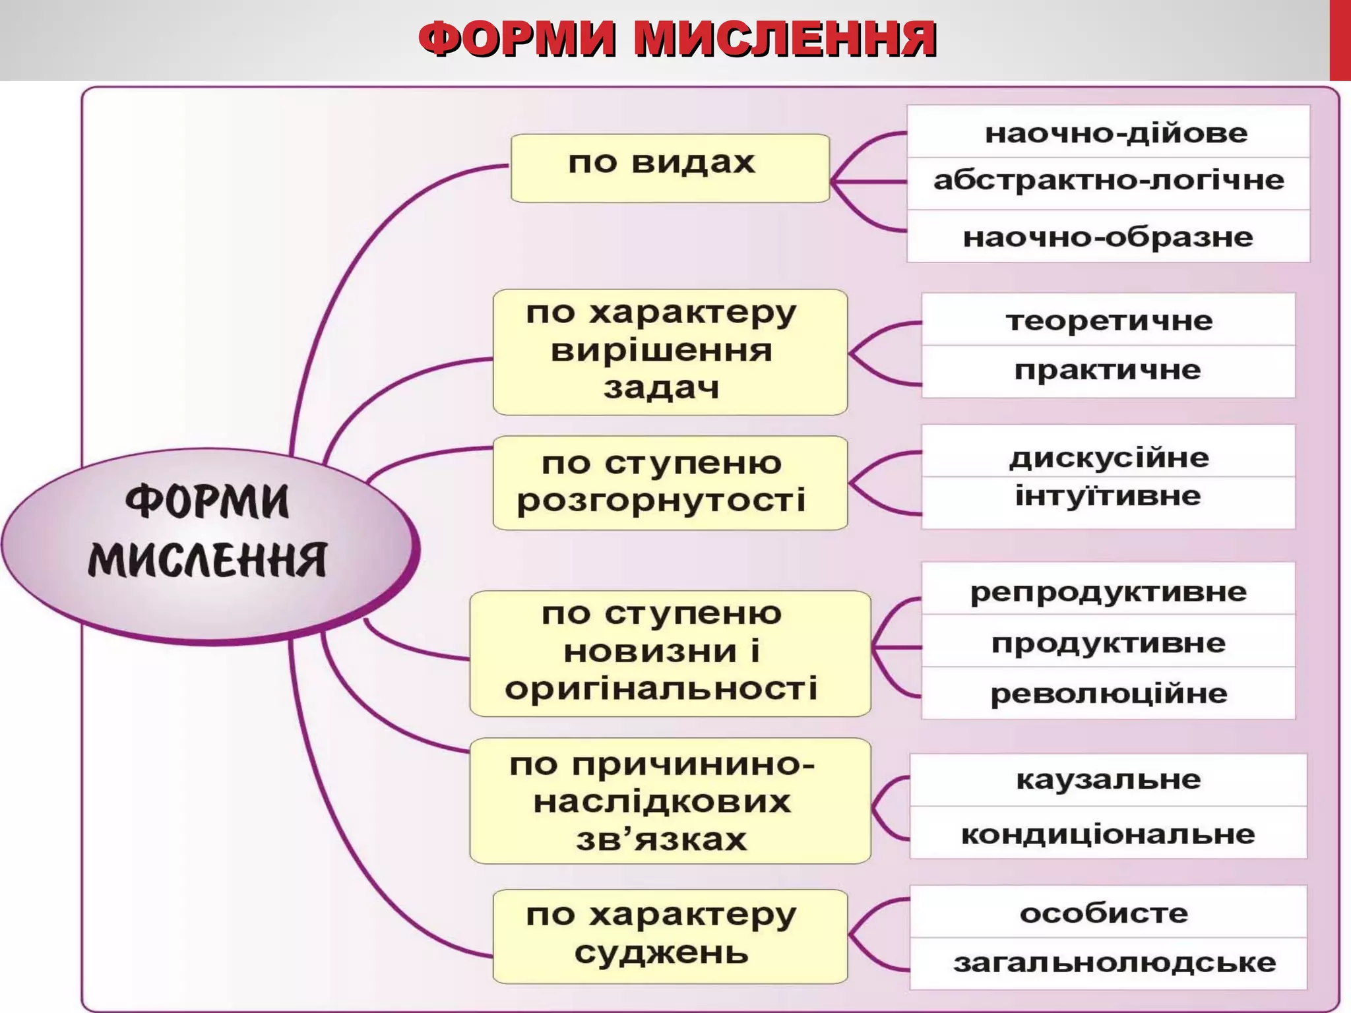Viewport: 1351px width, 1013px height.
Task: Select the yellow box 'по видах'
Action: pos(670,168)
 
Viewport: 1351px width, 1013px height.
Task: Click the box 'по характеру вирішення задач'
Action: pos(670,352)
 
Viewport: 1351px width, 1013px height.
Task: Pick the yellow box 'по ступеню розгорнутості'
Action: pos(670,482)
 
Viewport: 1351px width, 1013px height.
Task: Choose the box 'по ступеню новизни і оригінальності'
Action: pos(670,653)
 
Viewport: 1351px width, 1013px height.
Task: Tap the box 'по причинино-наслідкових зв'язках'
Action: pos(670,800)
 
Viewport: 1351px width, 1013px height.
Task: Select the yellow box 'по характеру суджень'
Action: pos(670,936)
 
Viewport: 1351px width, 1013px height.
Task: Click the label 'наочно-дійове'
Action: pos(1115,133)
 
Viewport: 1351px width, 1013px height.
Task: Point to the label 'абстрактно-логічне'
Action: pos(1108,181)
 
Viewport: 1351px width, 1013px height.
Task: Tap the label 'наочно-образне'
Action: pos(1108,237)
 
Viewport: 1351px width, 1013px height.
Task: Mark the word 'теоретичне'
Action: pos(1109,321)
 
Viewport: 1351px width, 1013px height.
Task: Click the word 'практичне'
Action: pos(1108,371)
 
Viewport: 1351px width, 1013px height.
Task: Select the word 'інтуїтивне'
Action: pos(1108,497)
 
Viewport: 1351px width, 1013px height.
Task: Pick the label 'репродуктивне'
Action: pos(1108,592)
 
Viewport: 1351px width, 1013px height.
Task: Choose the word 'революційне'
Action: pos(1108,694)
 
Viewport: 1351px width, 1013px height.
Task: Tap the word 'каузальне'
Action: pos(1108,780)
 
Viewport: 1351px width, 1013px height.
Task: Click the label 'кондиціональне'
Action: pos(1108,834)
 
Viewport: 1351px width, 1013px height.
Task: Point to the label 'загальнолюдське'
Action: pos(1114,964)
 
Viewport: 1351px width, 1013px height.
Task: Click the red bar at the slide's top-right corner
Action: pos(1340,40)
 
